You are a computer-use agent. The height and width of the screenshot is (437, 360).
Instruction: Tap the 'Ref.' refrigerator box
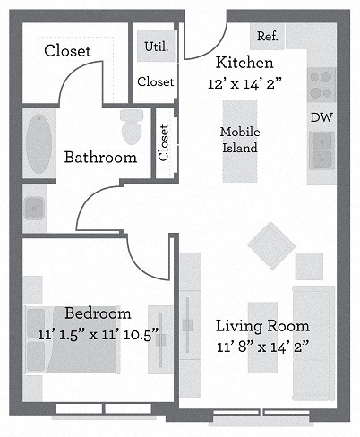pyautogui.click(x=267, y=37)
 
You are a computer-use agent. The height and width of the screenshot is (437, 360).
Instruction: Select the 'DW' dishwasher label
pyautogui.click(x=321, y=117)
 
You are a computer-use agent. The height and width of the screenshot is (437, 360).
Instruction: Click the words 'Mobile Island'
pyautogui.click(x=239, y=140)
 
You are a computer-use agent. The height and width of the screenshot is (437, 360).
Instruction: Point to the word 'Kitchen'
pyautogui.click(x=244, y=63)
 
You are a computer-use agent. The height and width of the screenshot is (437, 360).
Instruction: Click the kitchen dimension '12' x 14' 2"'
pyautogui.click(x=244, y=83)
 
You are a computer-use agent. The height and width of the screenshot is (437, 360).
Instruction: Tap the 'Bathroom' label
pyautogui.click(x=100, y=158)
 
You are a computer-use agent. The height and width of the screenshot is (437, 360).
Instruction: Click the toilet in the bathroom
pyautogui.click(x=132, y=126)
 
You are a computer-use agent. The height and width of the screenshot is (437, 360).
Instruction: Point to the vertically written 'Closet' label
pyautogui.click(x=163, y=141)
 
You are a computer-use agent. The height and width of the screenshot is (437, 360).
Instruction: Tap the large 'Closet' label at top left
pyautogui.click(x=67, y=51)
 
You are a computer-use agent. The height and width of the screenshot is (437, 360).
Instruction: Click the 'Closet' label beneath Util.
pyautogui.click(x=156, y=81)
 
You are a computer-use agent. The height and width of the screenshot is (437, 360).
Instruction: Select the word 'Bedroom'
pyautogui.click(x=98, y=313)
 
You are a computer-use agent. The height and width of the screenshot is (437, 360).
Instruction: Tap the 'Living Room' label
pyautogui.click(x=262, y=325)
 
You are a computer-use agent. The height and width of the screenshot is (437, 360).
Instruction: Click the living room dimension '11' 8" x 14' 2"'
pyautogui.click(x=262, y=347)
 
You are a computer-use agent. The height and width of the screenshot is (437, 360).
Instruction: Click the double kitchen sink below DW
pyautogui.click(x=321, y=149)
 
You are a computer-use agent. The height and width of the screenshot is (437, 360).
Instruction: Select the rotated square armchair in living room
pyautogui.click(x=269, y=243)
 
